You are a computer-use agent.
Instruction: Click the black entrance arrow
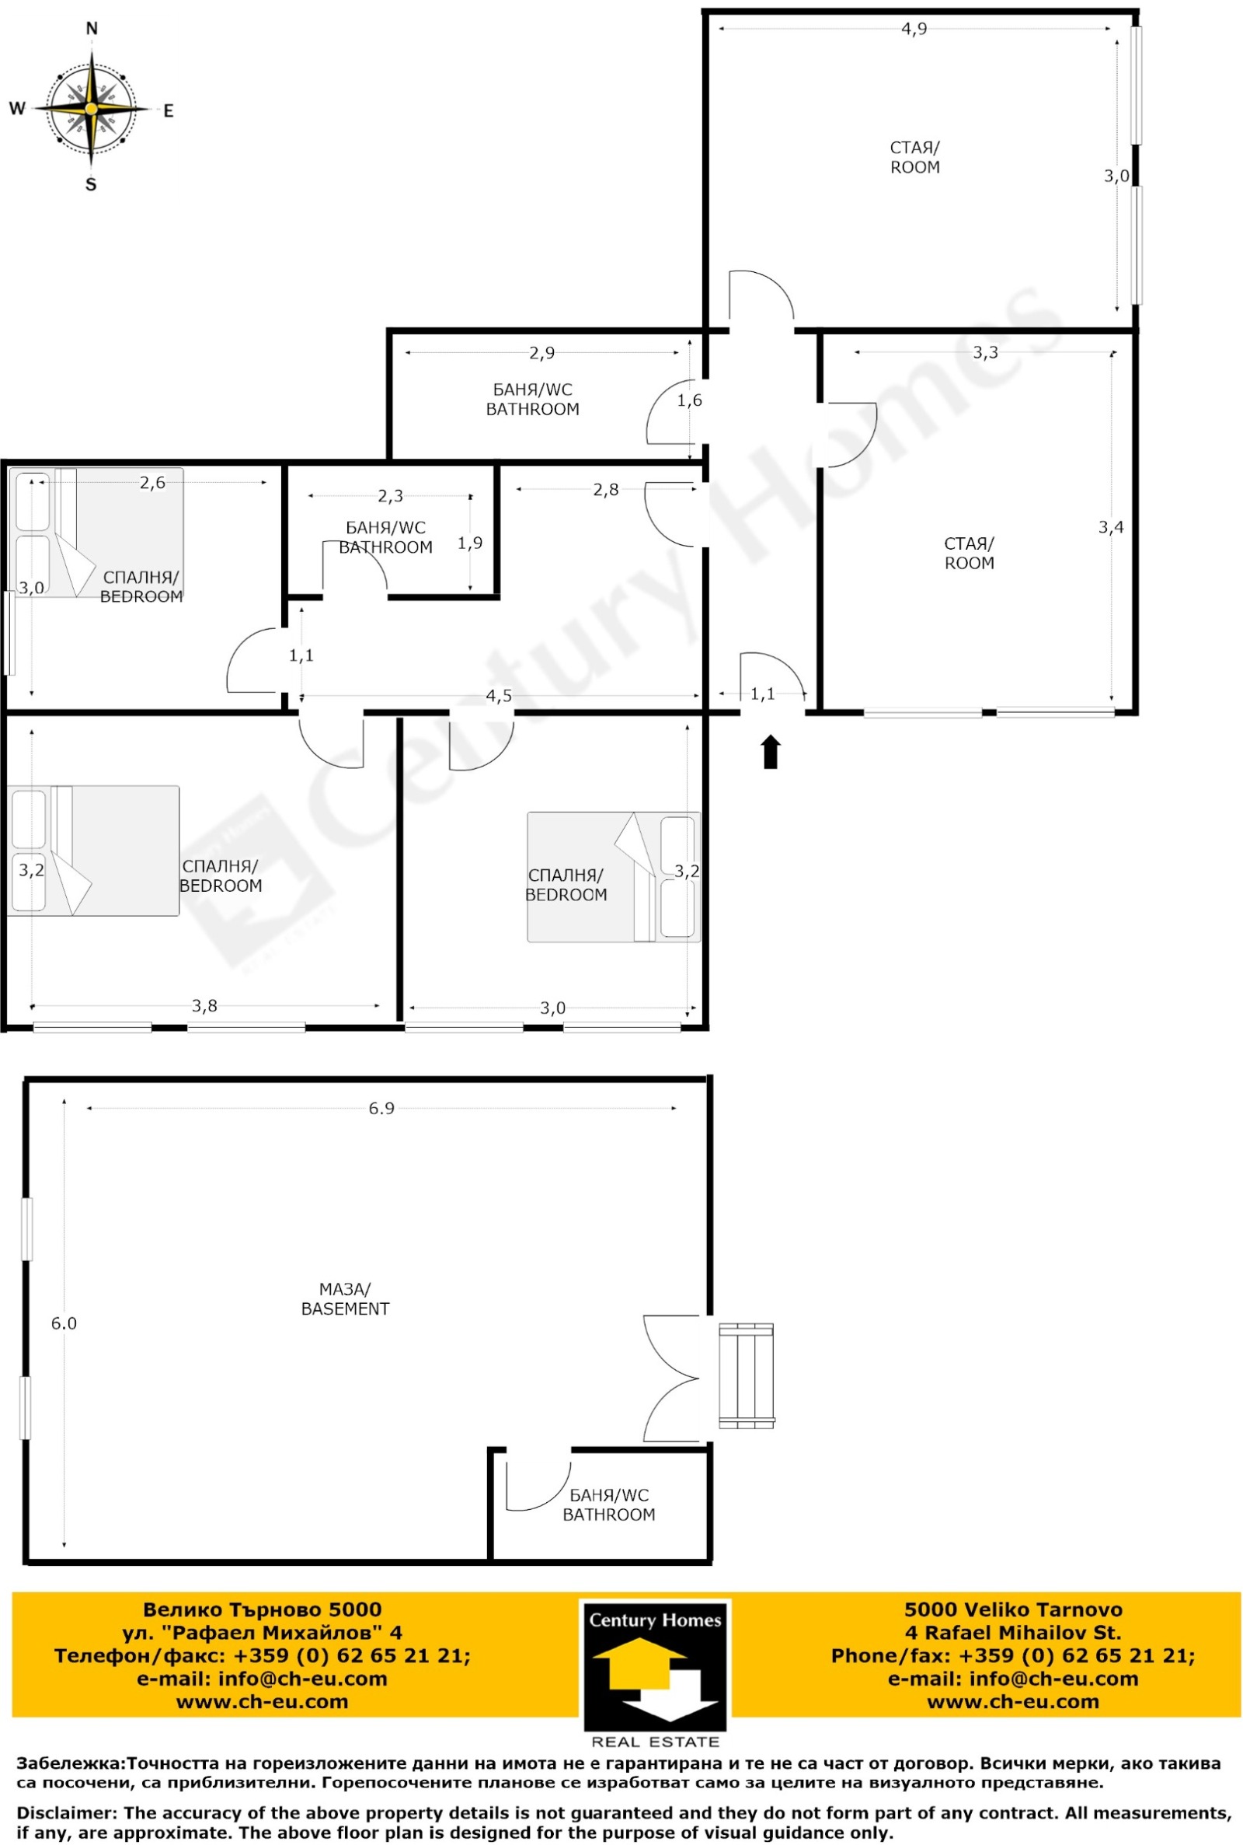tap(771, 752)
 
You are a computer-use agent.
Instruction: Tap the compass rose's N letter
tap(92, 30)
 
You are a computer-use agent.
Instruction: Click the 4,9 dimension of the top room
tap(914, 30)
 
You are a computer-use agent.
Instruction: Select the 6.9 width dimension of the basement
tap(381, 1109)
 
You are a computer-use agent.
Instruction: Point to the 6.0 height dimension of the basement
tap(64, 1323)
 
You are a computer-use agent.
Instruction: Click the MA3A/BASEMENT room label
tap(346, 1299)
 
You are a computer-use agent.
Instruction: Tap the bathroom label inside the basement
tap(609, 1504)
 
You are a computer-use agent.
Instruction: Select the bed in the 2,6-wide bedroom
tap(96, 533)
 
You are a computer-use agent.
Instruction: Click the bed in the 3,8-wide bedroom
tap(93, 851)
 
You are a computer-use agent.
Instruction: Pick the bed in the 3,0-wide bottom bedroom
tap(614, 876)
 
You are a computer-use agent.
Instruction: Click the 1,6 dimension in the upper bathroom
tap(690, 400)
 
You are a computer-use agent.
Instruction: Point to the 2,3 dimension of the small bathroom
tap(390, 497)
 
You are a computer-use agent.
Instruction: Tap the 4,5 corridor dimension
tap(499, 697)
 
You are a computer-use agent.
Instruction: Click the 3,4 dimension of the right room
tap(1111, 526)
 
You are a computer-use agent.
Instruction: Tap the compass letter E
tap(168, 111)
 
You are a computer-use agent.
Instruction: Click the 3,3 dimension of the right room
tap(985, 353)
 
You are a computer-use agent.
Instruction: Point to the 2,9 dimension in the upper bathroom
tap(542, 353)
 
